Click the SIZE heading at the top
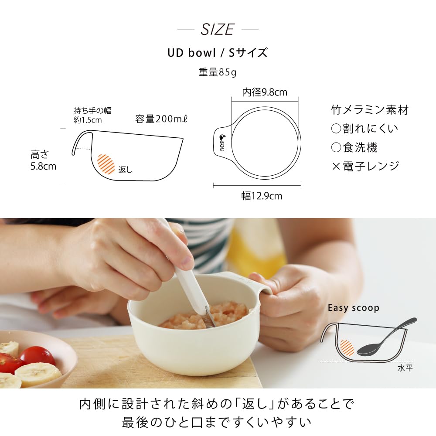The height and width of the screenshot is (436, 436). (218, 30)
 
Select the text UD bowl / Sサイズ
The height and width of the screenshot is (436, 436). (218, 53)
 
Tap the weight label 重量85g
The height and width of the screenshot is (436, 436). (218, 72)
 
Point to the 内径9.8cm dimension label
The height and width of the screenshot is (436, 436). (265, 92)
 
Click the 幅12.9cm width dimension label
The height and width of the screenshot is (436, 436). (262, 196)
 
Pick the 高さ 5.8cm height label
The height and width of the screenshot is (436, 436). (43, 160)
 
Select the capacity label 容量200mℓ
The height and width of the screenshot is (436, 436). (161, 119)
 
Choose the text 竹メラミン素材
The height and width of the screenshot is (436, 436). (370, 110)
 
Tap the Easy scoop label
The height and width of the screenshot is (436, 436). (354, 308)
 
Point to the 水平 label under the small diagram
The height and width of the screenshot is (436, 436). (405, 368)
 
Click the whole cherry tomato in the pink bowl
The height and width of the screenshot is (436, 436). (37, 355)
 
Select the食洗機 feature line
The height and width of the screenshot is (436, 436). (354, 147)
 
